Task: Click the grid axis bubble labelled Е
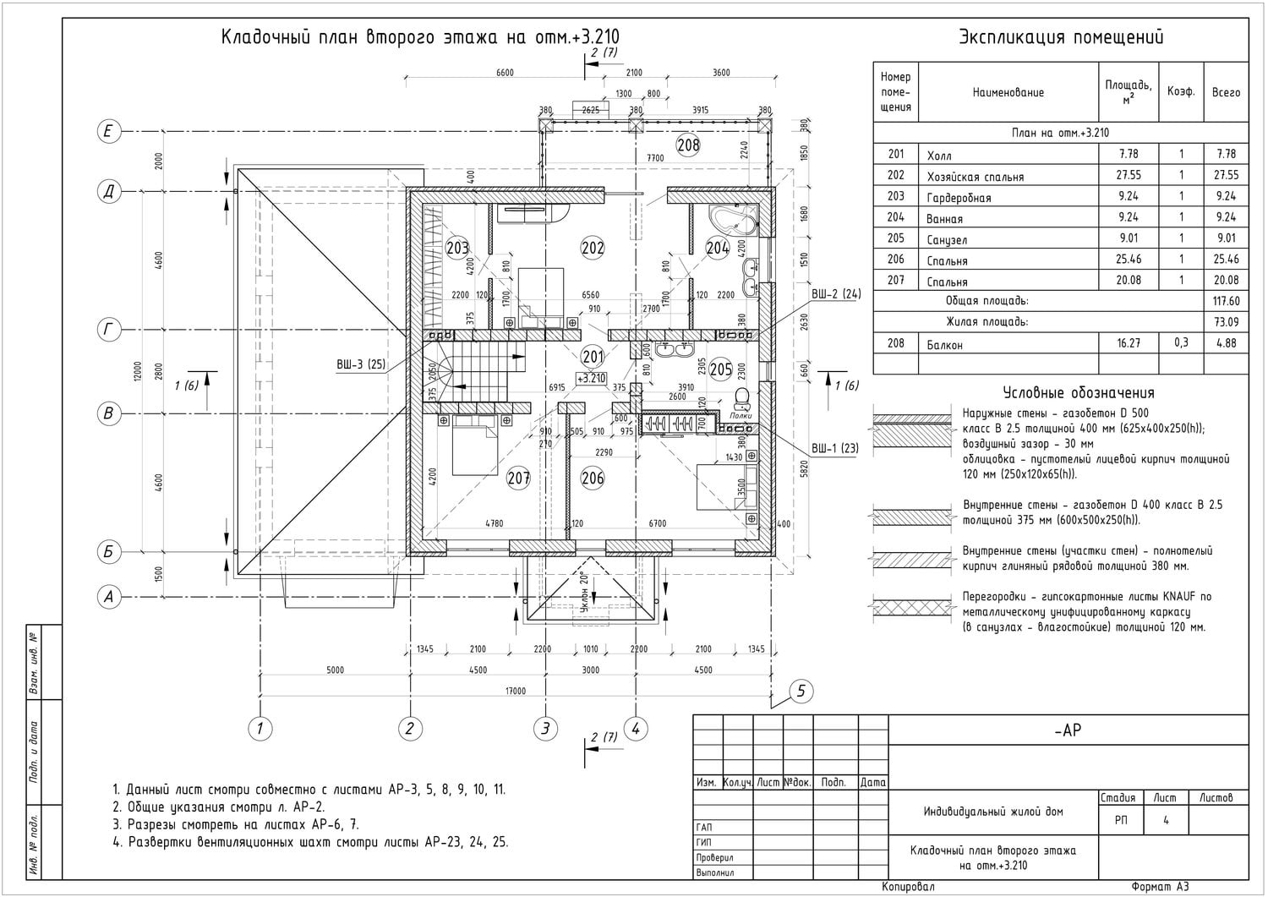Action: [108, 131]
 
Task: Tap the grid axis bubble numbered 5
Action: [801, 692]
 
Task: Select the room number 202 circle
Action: [593, 248]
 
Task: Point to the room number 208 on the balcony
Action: [688, 145]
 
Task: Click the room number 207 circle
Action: [518, 479]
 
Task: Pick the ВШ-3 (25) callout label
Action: [361, 365]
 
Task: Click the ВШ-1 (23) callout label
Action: [835, 449]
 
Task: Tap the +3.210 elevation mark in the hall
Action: [592, 378]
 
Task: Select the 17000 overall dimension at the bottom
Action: [515, 692]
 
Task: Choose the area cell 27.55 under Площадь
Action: [1128, 175]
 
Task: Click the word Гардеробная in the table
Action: [959, 197]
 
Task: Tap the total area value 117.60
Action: [1225, 301]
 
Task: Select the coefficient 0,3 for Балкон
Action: [1180, 342]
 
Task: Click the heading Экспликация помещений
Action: [1061, 37]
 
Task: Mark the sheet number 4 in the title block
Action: [1166, 820]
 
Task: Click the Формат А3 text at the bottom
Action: [1160, 887]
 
